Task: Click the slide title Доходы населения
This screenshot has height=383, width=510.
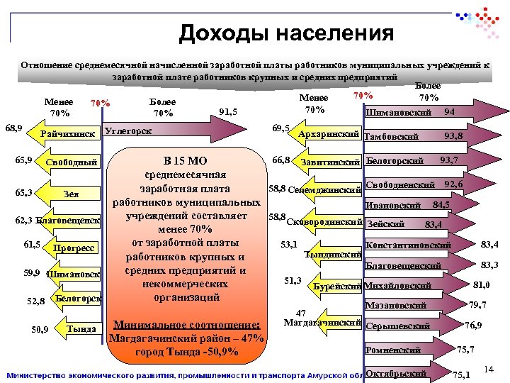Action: coord(286,33)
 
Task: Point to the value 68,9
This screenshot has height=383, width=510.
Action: coord(13,128)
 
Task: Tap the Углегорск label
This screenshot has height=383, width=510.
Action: coord(127,131)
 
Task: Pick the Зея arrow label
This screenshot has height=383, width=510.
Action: coord(71,194)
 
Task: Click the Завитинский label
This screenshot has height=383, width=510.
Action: coord(331,162)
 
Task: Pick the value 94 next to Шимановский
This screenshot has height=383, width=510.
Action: coord(449,112)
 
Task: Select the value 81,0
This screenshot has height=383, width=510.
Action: coord(482,285)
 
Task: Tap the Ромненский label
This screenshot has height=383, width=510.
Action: coord(393,350)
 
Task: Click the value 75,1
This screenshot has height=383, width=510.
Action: coord(460,374)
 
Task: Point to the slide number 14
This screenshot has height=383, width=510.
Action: coord(487,370)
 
